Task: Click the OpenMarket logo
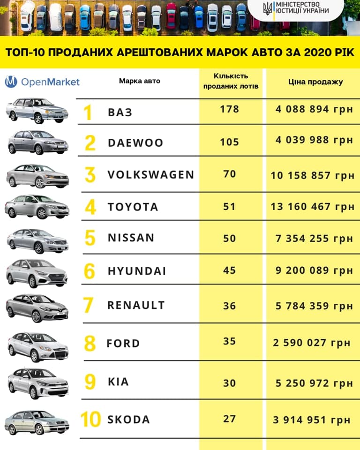coord(42,82)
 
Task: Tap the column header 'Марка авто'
coord(139,81)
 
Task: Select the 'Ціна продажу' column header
coord(315,82)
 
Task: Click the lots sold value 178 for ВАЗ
coord(229,109)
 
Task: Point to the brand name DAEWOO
coord(135,143)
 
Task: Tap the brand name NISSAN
coord(131,238)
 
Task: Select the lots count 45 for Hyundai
coord(229,270)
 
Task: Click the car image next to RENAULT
coord(37,307)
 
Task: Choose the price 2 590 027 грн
coord(312,343)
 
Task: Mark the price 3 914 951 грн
coord(312,419)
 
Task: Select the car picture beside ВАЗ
coord(37,111)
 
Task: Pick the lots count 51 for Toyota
coord(229,207)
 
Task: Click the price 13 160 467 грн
coord(312,207)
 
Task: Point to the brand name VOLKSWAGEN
coord(150,175)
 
